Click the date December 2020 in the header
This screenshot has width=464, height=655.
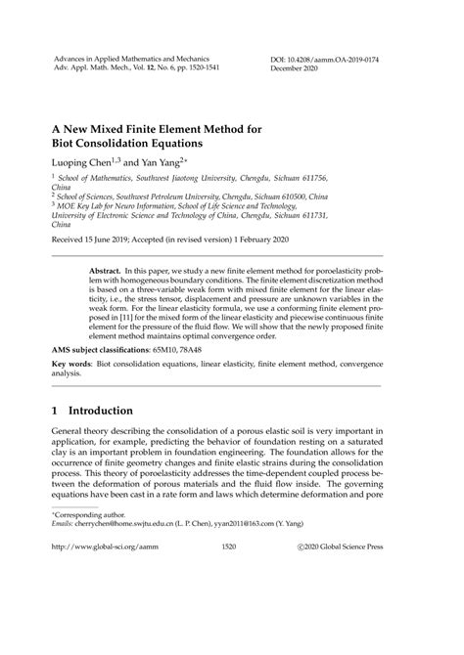(x=297, y=71)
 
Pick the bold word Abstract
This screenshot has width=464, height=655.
(x=106, y=267)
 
